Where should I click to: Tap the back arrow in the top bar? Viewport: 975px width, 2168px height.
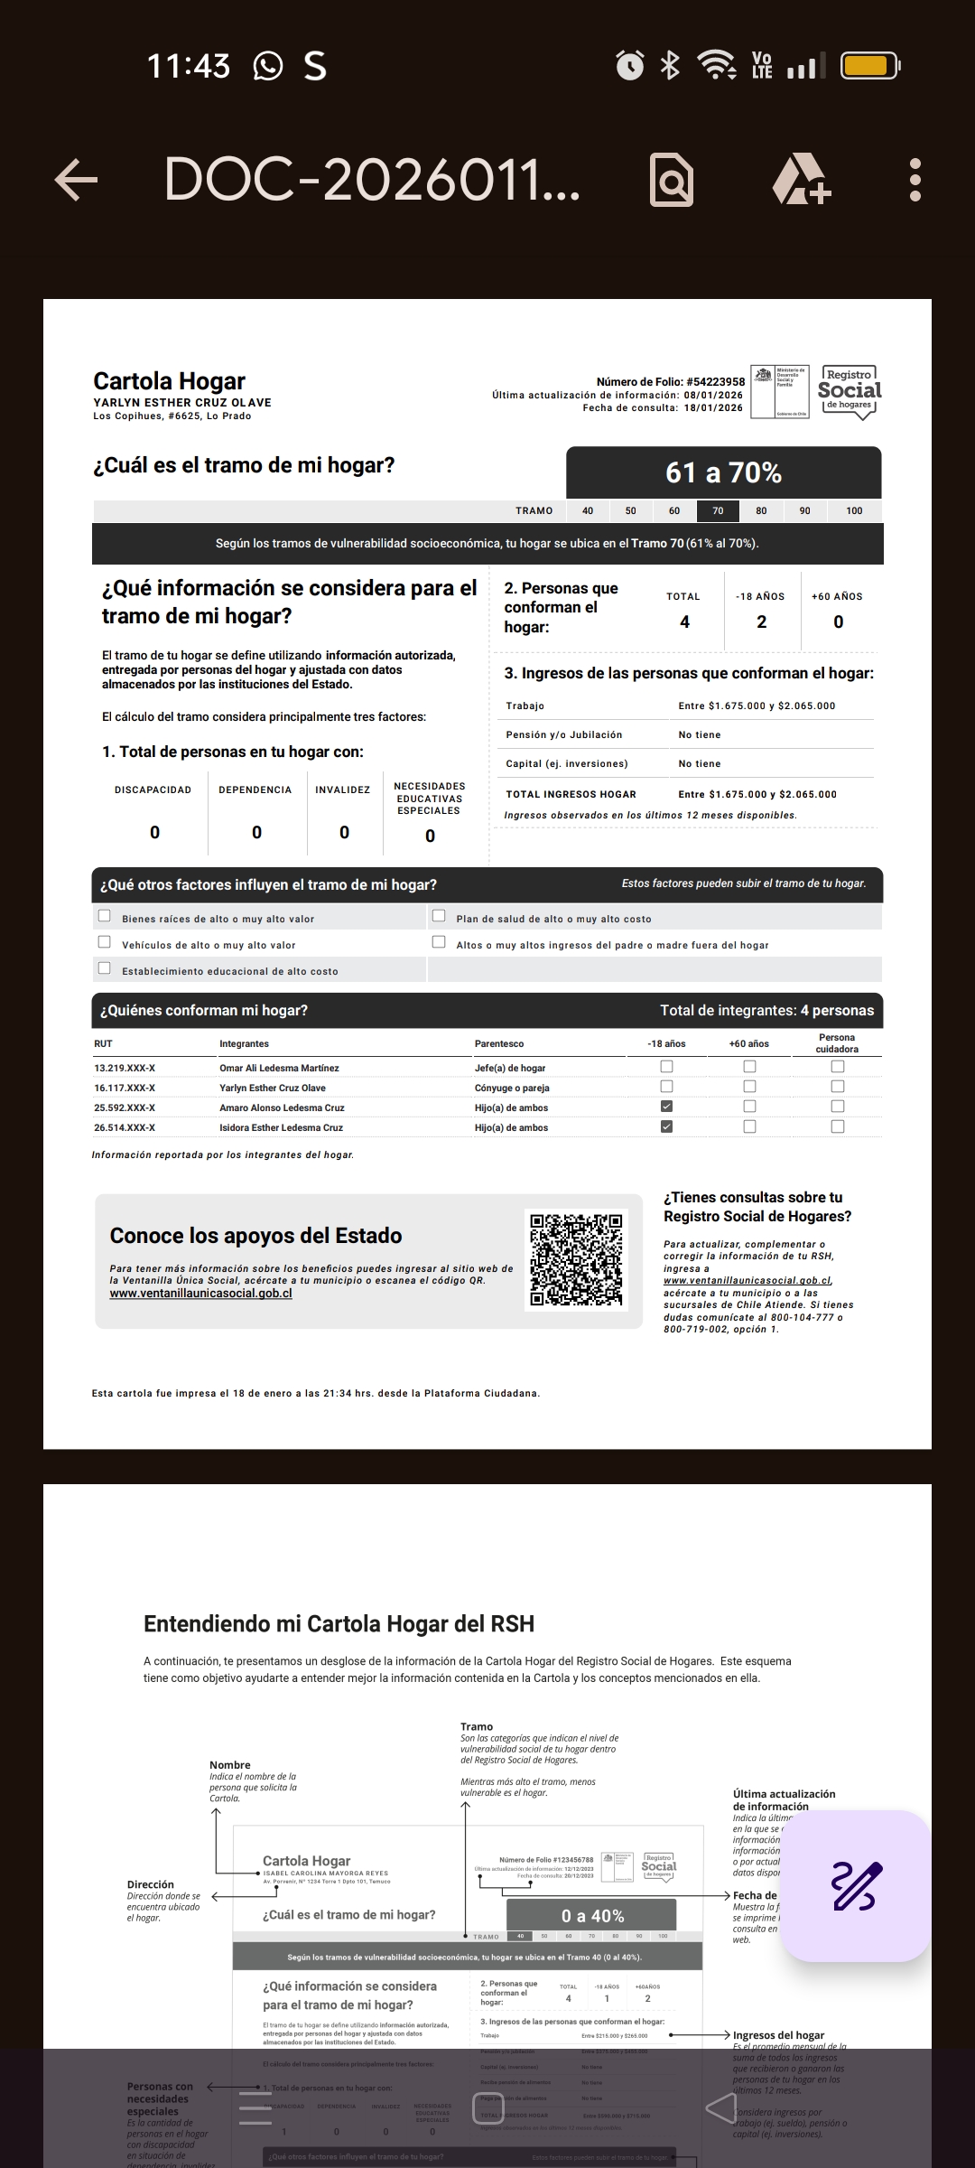tap(77, 180)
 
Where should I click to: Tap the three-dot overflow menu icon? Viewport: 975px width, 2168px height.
tap(915, 180)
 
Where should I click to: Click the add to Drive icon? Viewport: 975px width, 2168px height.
tap(801, 180)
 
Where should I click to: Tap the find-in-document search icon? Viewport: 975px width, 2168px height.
tap(672, 180)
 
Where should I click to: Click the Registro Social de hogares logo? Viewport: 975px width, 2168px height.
tap(849, 392)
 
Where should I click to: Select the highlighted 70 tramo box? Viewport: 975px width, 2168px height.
tap(718, 510)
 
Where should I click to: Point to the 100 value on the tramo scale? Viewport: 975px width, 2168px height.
tap(854, 510)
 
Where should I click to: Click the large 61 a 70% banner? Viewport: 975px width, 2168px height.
tap(723, 472)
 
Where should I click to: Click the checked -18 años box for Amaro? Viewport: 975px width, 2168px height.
tap(666, 1107)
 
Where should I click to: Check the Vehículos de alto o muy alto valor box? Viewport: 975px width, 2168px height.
tap(105, 942)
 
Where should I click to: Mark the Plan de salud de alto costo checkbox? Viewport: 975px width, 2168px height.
tap(439, 916)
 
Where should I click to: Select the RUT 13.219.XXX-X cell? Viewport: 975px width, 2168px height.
tap(125, 1068)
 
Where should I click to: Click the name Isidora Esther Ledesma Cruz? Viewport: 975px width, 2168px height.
tap(281, 1127)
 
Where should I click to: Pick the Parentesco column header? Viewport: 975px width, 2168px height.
tap(499, 1043)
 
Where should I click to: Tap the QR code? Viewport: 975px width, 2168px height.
tap(576, 1260)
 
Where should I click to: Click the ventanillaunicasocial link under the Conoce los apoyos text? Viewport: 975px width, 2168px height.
tap(200, 1293)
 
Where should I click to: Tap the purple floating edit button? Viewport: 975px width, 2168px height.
tap(855, 1885)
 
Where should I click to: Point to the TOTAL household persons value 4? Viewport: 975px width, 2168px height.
tap(684, 621)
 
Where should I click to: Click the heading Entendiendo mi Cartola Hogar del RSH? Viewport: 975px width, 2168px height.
tap(339, 1623)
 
